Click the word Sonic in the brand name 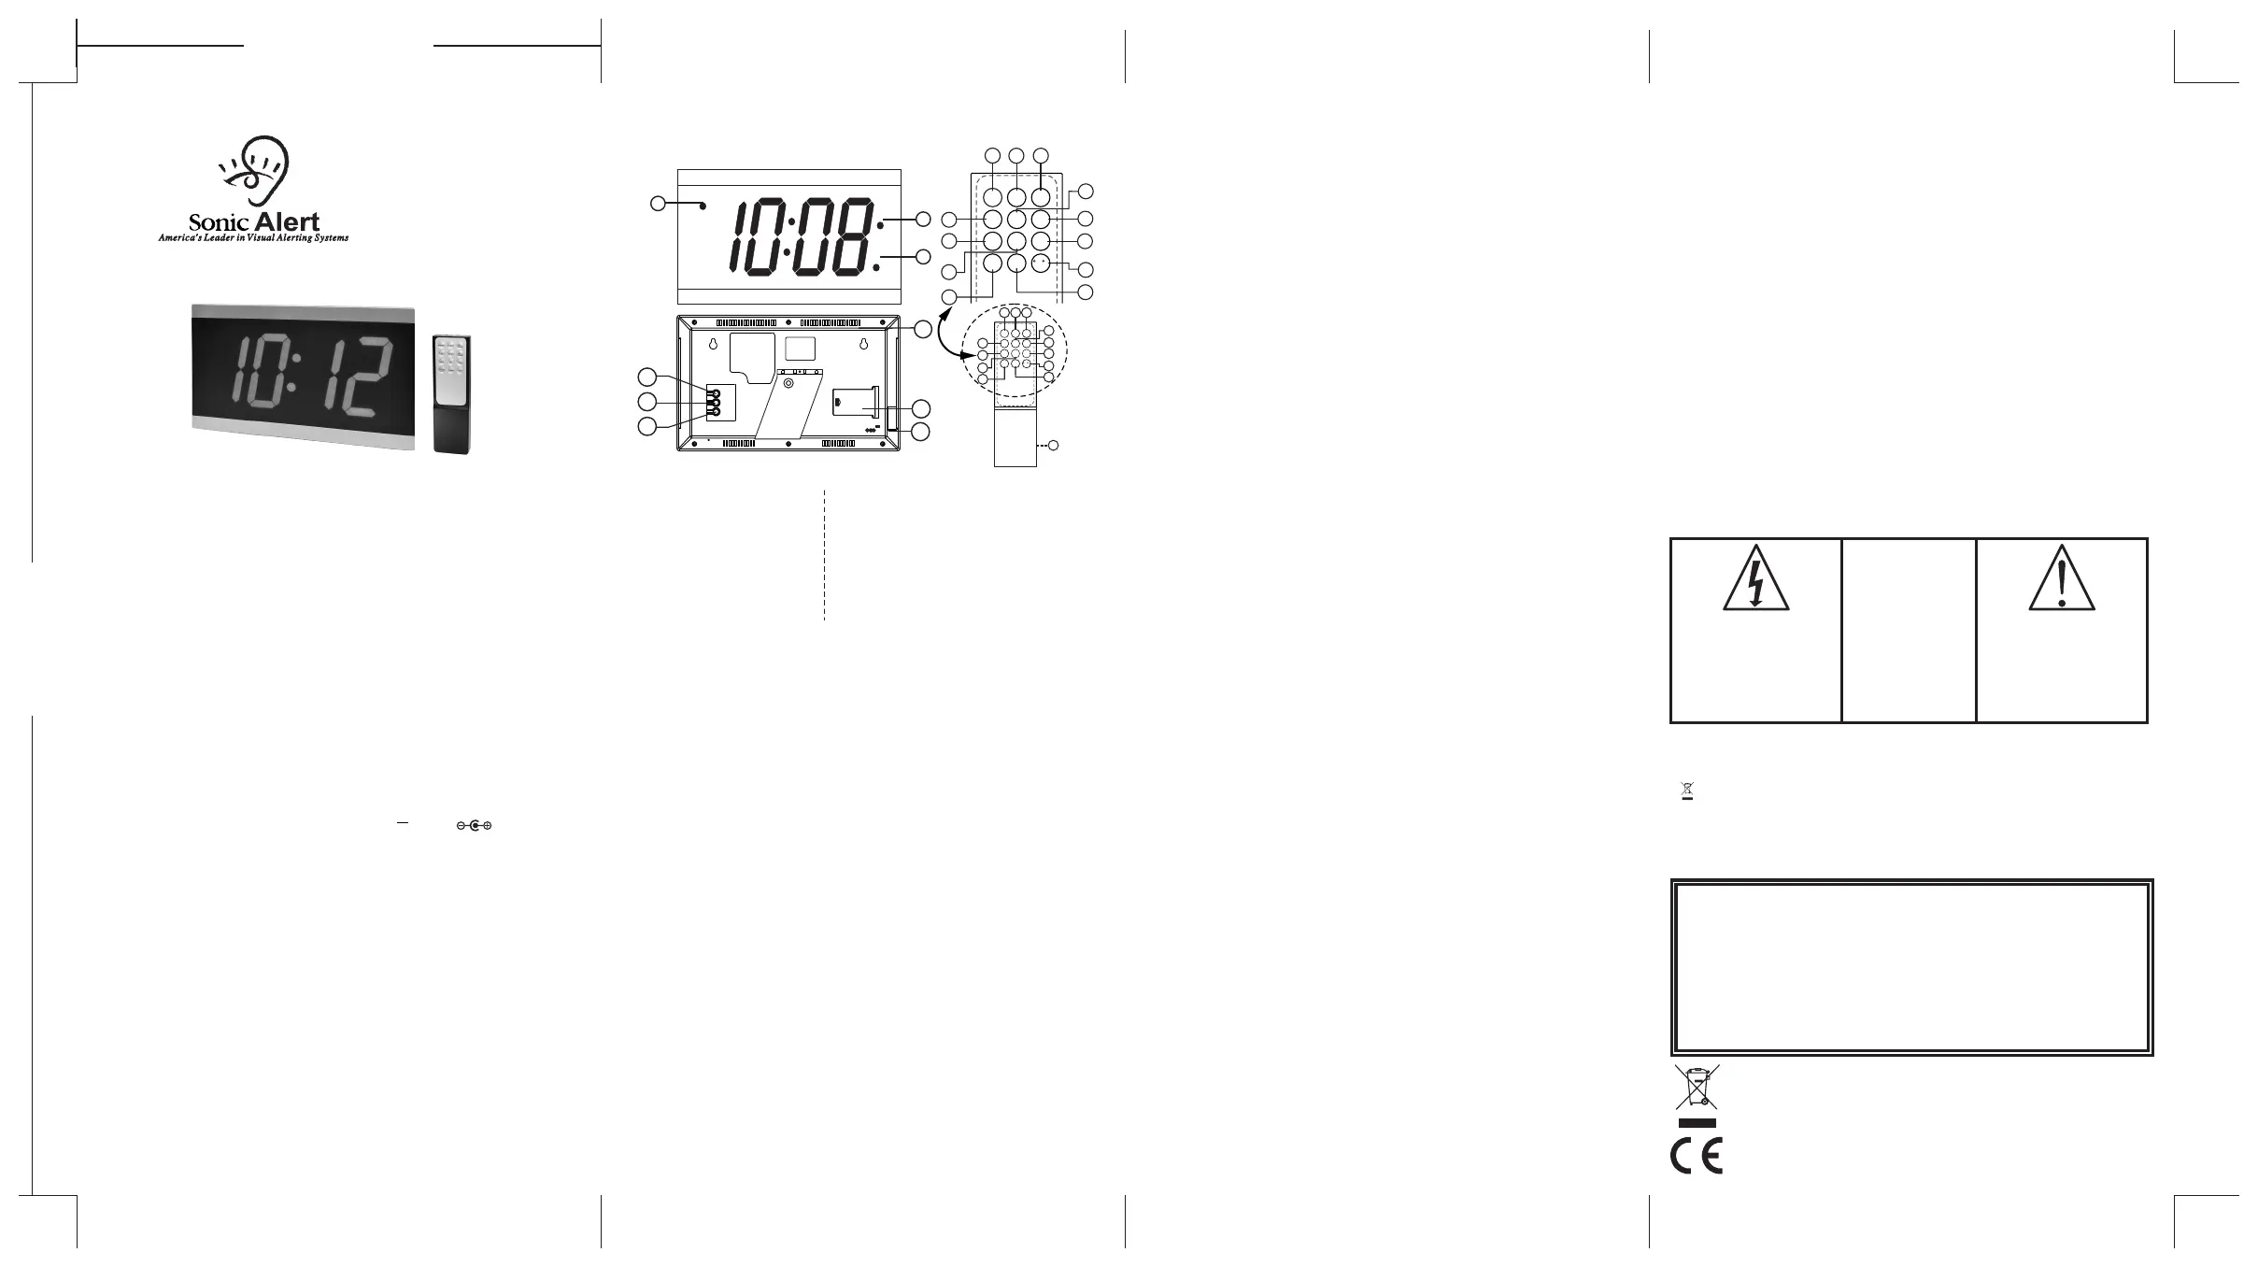click(x=220, y=223)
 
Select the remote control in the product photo click(x=453, y=394)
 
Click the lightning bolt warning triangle click(x=1755, y=578)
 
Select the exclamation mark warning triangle click(x=2061, y=578)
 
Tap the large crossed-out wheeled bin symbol click(x=1697, y=1088)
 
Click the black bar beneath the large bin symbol click(x=1697, y=1123)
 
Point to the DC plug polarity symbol click(x=474, y=826)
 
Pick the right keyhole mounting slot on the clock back click(x=864, y=345)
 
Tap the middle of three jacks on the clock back click(x=715, y=403)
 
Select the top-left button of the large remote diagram click(x=992, y=197)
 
